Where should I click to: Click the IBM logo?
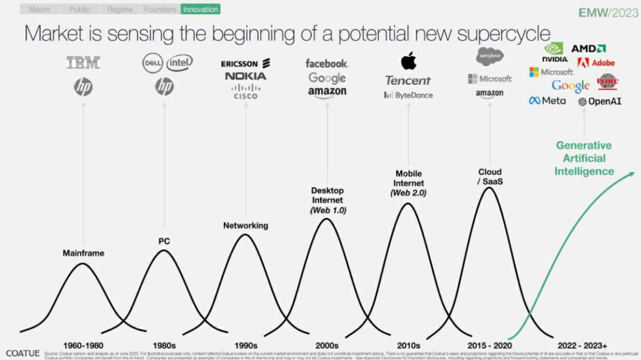coord(83,63)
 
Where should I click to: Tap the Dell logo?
coord(152,63)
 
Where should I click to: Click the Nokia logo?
coord(245,76)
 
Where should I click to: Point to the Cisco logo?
coord(246,91)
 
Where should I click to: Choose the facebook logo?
coord(327,63)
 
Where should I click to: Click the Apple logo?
coord(408,61)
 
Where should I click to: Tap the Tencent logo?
coord(408,81)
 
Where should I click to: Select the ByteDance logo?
coord(408,95)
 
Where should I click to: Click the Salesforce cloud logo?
coord(489,57)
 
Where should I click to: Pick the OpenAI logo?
coord(600,101)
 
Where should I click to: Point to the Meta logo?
coord(547,101)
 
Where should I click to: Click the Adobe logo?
coord(596,62)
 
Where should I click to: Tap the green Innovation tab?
coord(201,9)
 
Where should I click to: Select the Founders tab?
coord(160,9)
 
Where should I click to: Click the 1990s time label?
coord(246,345)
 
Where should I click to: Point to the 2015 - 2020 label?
coord(489,345)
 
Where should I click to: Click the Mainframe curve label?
coord(83,253)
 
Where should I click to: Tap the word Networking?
coord(246,225)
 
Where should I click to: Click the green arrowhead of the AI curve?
coord(631,174)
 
